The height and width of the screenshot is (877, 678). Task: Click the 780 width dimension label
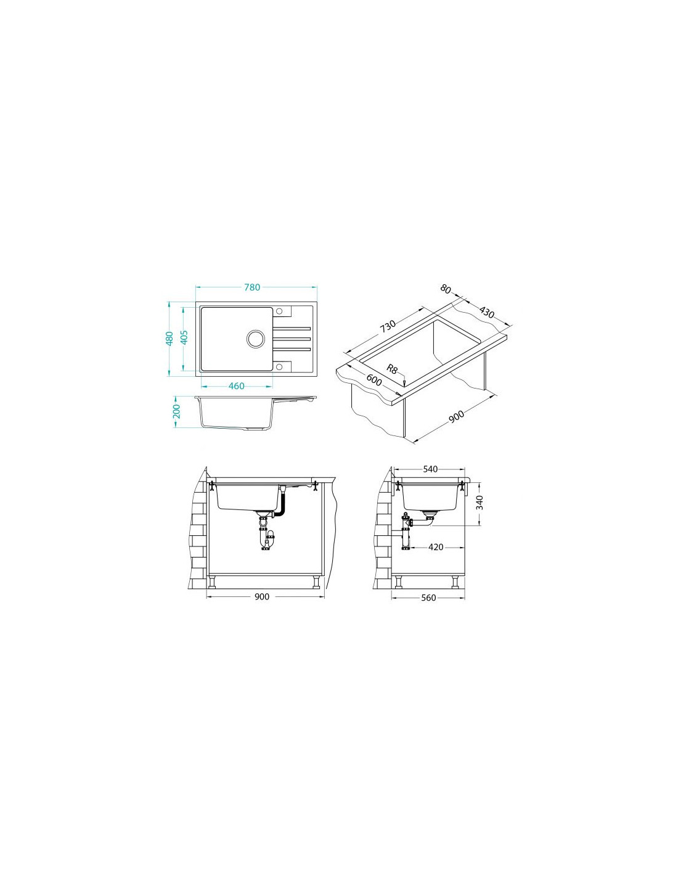point(253,287)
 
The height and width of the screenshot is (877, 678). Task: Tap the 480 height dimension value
point(169,338)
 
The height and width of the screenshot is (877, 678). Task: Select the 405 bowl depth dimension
point(184,338)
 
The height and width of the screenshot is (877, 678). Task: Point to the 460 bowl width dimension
point(236,386)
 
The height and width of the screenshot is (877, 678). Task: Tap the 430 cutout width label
point(487,312)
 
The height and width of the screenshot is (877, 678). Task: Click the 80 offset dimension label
point(445,289)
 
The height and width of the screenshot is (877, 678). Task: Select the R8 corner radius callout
point(392,369)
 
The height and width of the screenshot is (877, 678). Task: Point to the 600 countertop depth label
point(374,379)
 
